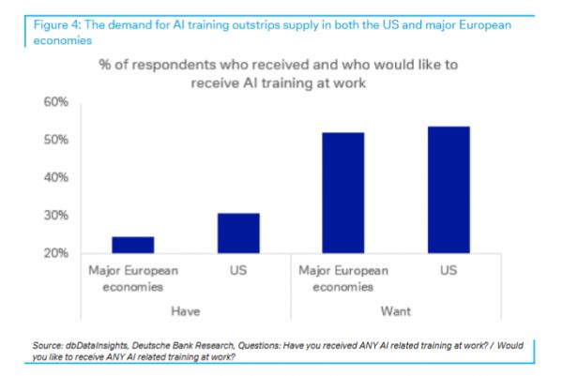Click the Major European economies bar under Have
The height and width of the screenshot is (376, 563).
click(132, 245)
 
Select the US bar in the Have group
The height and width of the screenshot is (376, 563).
click(238, 233)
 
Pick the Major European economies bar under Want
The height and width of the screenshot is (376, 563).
click(342, 193)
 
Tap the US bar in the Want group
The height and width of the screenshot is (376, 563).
click(448, 189)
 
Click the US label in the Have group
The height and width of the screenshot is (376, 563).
click(238, 270)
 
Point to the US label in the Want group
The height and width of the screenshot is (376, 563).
click(448, 270)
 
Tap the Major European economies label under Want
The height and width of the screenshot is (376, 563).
click(342, 278)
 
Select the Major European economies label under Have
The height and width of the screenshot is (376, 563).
click(132, 278)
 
